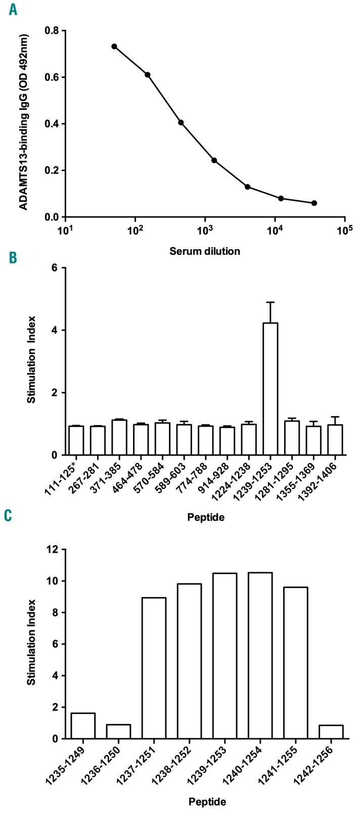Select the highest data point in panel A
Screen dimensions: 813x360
(x=114, y=47)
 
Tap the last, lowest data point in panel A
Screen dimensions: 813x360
(x=314, y=203)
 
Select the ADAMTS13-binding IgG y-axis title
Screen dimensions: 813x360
(x=22, y=124)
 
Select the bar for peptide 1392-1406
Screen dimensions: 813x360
(x=335, y=440)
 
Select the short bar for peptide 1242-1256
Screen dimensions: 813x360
(x=331, y=732)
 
